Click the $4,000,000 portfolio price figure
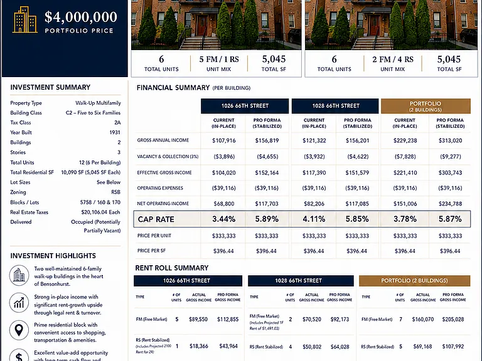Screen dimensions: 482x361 point(81,17)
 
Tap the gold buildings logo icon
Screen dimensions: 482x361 point(25,20)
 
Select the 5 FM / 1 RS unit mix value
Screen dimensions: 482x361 point(219,60)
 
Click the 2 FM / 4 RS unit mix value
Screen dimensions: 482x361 point(392,60)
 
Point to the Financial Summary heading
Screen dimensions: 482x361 point(173,88)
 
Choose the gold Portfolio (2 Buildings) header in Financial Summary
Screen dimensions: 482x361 point(426,106)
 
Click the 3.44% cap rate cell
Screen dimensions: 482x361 point(224,219)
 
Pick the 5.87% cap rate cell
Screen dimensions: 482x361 point(450,219)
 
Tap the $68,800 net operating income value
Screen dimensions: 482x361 point(224,204)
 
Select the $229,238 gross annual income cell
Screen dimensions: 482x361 point(405,140)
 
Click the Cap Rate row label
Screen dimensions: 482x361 point(156,219)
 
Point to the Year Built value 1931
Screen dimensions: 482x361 point(115,132)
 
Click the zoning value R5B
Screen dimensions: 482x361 point(115,192)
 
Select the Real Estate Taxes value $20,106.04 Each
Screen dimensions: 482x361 point(100,212)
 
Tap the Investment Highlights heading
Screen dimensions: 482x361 point(53,256)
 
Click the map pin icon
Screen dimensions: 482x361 point(19,330)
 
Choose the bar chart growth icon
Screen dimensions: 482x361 point(19,302)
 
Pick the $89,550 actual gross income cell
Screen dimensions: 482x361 point(198,319)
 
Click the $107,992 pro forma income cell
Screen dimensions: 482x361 point(453,346)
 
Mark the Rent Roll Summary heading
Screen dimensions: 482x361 point(172,268)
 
